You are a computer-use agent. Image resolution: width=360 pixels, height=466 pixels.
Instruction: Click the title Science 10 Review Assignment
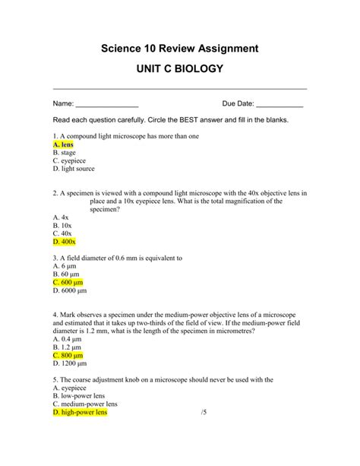coord(180,48)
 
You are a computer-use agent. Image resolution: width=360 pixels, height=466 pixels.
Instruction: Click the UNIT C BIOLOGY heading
coord(180,69)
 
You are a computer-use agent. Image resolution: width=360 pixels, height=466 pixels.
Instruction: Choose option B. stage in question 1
coord(65,152)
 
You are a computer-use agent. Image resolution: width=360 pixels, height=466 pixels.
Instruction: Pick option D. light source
coord(74,170)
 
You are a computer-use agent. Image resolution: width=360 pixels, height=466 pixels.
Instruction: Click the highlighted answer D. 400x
coord(65,242)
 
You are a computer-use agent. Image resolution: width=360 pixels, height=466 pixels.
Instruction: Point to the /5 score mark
coord(204,413)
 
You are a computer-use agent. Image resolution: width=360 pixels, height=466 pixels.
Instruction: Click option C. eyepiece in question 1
coord(69,160)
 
